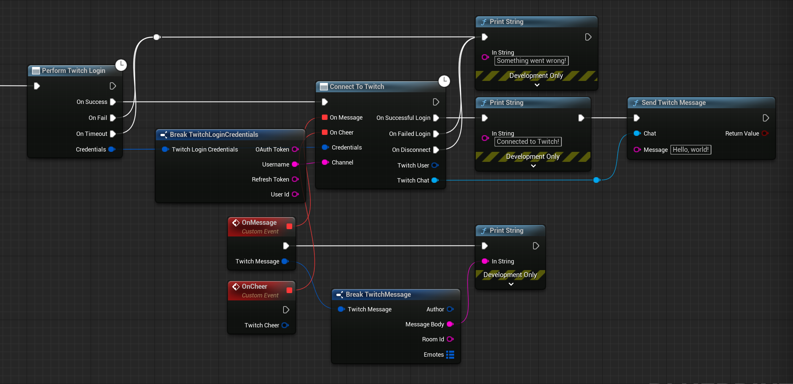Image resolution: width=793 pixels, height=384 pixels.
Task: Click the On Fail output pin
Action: pyautogui.click(x=113, y=118)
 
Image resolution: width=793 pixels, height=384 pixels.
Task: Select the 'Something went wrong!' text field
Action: pyautogui.click(x=531, y=61)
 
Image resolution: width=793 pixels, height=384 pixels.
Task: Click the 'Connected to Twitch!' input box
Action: pyautogui.click(x=528, y=142)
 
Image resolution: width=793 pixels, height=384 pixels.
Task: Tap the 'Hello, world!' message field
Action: pyautogui.click(x=690, y=150)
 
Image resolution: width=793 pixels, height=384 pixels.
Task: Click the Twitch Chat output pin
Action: pyautogui.click(x=435, y=180)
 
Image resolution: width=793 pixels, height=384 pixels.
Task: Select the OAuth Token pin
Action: pyautogui.click(x=295, y=149)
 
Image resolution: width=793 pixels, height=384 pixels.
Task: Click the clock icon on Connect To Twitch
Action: pyautogui.click(x=444, y=81)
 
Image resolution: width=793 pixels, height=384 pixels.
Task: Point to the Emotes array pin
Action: pyautogui.click(x=450, y=355)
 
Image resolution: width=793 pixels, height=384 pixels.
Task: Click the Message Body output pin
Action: pyautogui.click(x=450, y=324)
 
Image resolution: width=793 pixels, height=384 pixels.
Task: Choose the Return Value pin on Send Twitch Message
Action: pyautogui.click(x=765, y=133)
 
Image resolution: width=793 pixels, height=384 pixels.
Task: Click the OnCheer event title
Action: pyautogui.click(x=254, y=286)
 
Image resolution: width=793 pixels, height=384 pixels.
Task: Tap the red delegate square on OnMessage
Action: pyautogui.click(x=289, y=226)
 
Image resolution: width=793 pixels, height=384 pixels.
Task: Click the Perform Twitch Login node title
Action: pyautogui.click(x=73, y=71)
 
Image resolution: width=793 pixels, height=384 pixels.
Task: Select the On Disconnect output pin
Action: pyautogui.click(x=436, y=150)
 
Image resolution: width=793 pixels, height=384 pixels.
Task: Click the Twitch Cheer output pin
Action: pyautogui.click(x=285, y=325)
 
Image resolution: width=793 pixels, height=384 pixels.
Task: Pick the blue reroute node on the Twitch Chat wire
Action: pyautogui.click(x=596, y=180)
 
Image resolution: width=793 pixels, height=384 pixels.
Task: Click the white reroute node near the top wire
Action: pyautogui.click(x=157, y=37)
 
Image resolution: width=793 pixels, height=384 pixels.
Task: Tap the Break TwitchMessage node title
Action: pyautogui.click(x=378, y=294)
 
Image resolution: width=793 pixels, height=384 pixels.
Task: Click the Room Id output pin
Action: pyautogui.click(x=450, y=339)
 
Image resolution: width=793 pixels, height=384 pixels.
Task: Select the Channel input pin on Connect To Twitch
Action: pyautogui.click(x=325, y=162)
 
